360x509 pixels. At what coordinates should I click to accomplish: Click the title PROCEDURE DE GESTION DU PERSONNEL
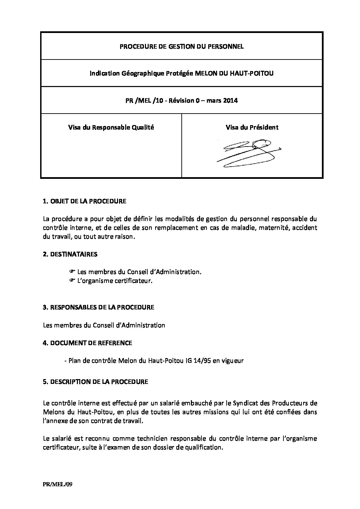(x=181, y=46)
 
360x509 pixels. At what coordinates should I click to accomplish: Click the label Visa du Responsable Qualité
(x=111, y=128)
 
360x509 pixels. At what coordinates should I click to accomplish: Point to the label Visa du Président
(x=252, y=128)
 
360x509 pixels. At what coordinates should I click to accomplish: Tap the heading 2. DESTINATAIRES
(x=70, y=254)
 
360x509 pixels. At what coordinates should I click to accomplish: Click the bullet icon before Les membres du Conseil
(x=72, y=272)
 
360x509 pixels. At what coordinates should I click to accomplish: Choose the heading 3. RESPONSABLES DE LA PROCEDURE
(x=99, y=307)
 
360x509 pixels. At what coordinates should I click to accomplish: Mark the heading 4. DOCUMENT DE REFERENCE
(x=87, y=343)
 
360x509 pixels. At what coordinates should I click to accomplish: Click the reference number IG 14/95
(x=198, y=361)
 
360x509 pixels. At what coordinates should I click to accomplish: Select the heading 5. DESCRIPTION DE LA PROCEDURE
(x=96, y=381)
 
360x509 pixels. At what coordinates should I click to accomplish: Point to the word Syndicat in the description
(x=245, y=403)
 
